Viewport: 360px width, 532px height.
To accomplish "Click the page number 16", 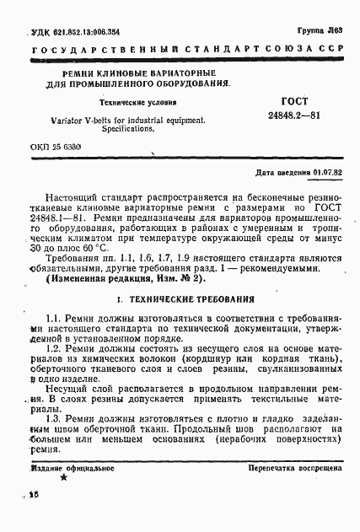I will coord(34,499).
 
